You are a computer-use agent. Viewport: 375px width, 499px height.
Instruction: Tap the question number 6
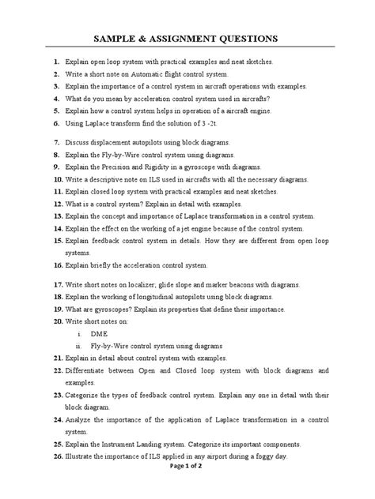[47, 124]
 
